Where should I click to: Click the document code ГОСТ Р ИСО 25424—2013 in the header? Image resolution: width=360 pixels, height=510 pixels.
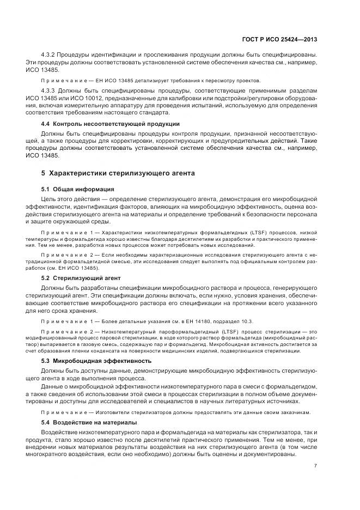(279, 39)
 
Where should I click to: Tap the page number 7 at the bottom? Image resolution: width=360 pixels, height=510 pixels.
(316, 466)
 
